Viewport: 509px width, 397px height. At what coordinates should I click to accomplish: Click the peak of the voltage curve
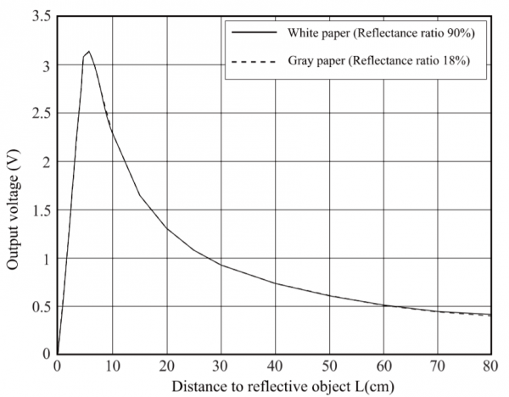tap(89, 52)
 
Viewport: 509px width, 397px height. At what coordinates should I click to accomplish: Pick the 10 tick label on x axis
tap(111, 366)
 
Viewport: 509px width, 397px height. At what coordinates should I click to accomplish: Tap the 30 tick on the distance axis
tap(220, 366)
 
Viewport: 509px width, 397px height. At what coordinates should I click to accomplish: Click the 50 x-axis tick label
tap(328, 366)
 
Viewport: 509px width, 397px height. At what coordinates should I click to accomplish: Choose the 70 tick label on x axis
tap(437, 366)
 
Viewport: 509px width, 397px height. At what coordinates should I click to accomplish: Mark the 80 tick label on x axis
tap(490, 366)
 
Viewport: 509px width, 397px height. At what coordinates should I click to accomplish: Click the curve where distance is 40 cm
tap(274, 283)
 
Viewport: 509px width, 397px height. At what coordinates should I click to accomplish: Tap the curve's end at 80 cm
tap(490, 315)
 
